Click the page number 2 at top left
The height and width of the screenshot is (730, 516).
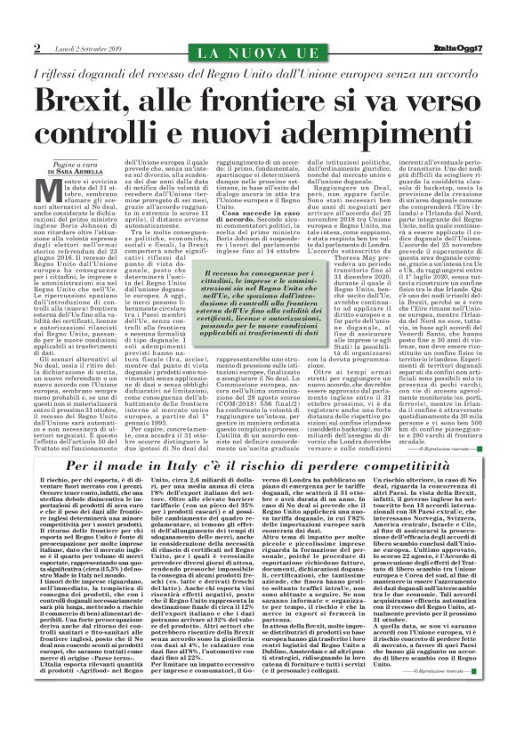pos(37,47)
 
